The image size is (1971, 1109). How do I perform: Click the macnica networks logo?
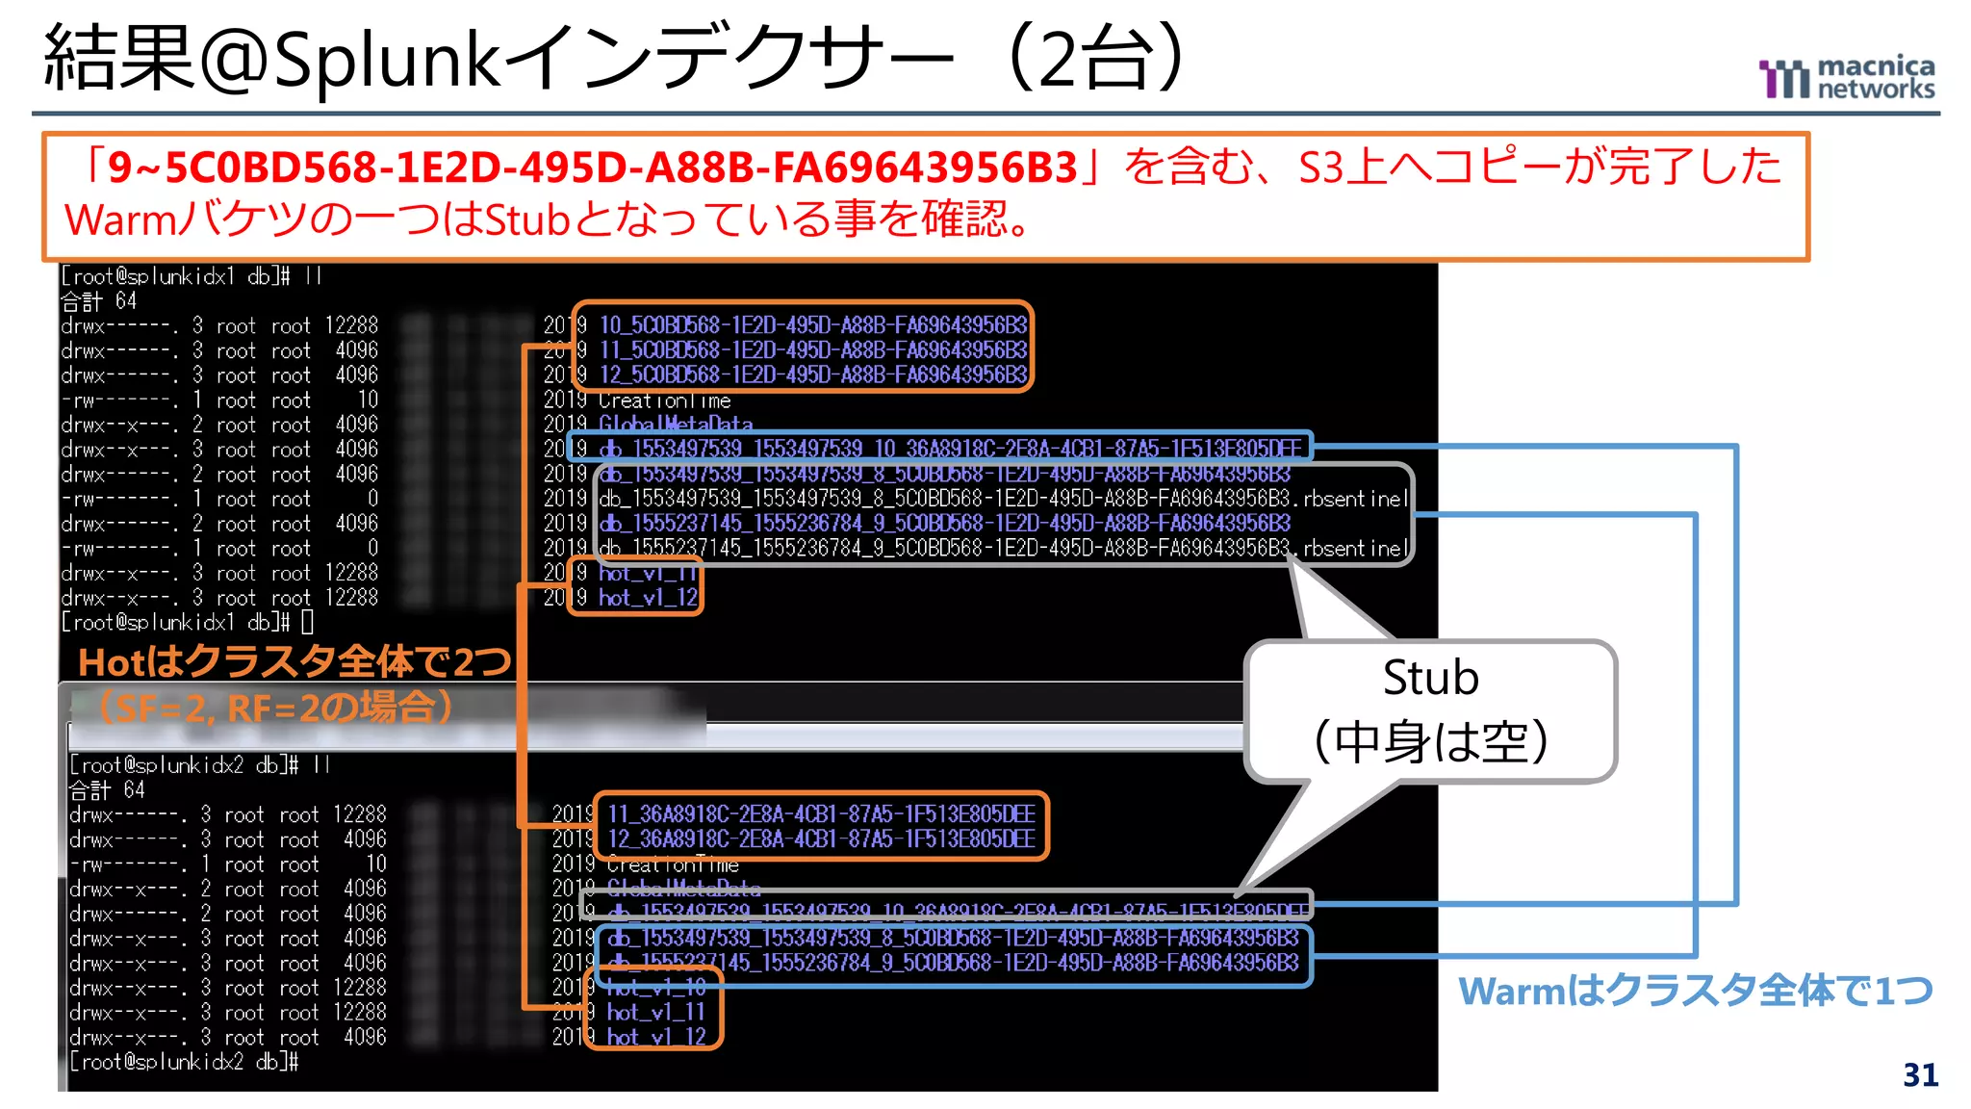coord(1846,78)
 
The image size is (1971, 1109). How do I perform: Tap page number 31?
coord(1920,1074)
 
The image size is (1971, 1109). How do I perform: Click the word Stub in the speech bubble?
coord(1430,678)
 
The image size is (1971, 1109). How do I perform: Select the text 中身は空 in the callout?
coord(1430,741)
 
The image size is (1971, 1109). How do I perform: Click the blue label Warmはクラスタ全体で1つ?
coord(1695,991)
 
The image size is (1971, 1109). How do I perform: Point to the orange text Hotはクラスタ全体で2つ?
coord(294,661)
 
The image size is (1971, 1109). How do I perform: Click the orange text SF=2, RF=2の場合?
coord(274,709)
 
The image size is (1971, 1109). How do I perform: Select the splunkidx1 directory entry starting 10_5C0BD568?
coord(813,324)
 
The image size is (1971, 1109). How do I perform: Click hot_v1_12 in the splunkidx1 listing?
coord(648,598)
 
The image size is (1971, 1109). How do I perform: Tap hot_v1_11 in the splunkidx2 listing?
coord(655,1012)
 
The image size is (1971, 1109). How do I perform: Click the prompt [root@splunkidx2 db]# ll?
coord(199,765)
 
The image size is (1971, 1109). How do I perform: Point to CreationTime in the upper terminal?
coord(664,400)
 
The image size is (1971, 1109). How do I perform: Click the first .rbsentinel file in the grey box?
coord(1001,499)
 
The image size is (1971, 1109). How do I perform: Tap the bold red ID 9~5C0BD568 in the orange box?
coord(591,168)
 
